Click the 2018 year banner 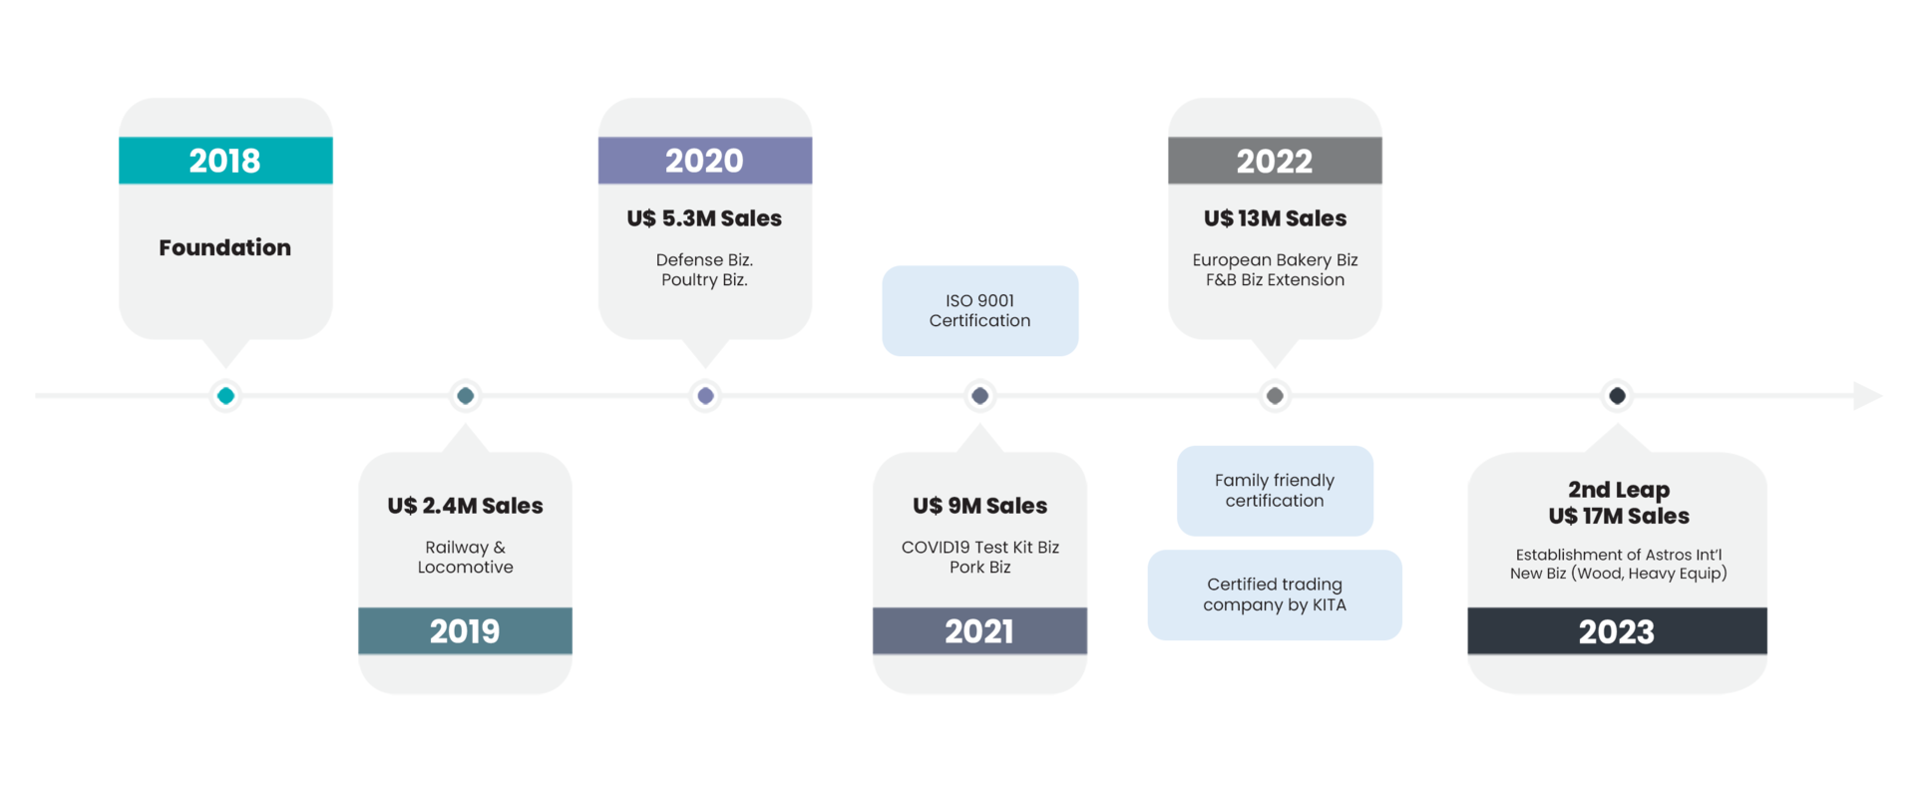tap(225, 161)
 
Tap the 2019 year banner tap(465, 631)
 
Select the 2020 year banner tap(704, 161)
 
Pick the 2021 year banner tap(979, 631)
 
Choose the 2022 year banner tap(1275, 161)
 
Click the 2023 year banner tap(1617, 631)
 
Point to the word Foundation tap(225, 247)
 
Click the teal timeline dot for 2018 tap(225, 396)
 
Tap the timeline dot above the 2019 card tap(465, 396)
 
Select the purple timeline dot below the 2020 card tap(705, 396)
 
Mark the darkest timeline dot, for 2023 tap(1617, 396)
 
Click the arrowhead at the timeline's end tap(1866, 396)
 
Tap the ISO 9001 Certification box tap(979, 311)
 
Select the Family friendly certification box tap(1275, 491)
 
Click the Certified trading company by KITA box tap(1275, 594)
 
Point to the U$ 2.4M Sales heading tap(465, 506)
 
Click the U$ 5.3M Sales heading tap(704, 218)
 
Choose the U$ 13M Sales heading tap(1275, 218)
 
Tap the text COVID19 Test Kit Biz tap(979, 547)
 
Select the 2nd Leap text tap(1618, 490)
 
